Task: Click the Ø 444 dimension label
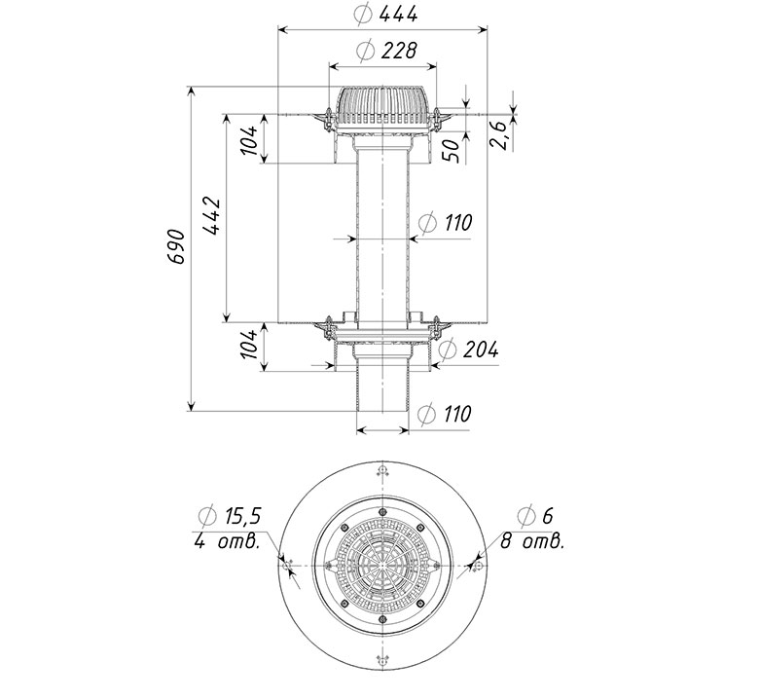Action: click(385, 15)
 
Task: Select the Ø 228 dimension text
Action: click(385, 51)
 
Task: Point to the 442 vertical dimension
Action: click(212, 216)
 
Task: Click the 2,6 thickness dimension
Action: click(499, 135)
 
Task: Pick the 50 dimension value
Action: click(451, 151)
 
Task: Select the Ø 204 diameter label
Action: click(468, 349)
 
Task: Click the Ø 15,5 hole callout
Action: click(230, 516)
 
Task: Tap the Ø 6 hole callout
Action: click(534, 515)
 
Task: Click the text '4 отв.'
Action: click(227, 541)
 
